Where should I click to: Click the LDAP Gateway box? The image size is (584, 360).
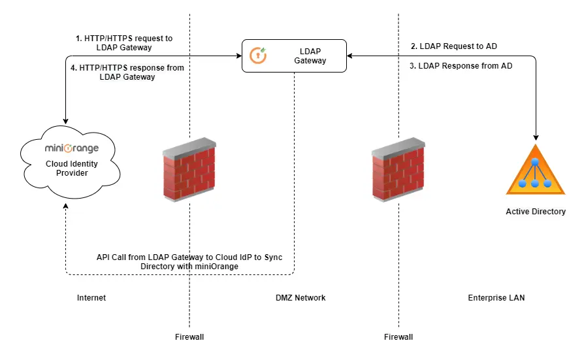pos(294,56)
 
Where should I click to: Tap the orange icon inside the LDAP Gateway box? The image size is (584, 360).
pos(259,56)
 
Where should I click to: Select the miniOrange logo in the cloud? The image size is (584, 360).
pos(72,148)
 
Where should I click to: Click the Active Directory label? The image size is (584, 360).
pos(536,212)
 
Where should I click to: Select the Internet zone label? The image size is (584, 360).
pos(91,298)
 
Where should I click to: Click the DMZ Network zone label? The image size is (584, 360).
pos(300,298)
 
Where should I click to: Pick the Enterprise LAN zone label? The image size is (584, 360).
pos(496,298)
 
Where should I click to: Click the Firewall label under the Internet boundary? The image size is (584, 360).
pos(189,337)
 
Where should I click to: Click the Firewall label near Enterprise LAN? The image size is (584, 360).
pos(398,337)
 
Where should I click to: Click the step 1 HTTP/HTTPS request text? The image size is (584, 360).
pos(124,43)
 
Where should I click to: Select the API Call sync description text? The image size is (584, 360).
pos(189,261)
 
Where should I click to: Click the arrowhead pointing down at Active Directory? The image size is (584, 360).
pos(536,137)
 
